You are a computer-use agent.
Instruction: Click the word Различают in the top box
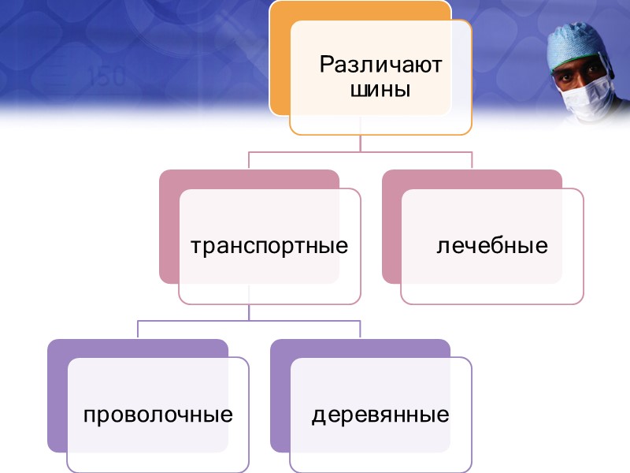tap(381, 64)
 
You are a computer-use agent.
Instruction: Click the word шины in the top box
tap(381, 88)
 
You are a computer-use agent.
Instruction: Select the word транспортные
tap(270, 246)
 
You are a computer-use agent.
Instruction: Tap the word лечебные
tap(493, 246)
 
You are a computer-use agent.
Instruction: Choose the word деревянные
tap(381, 415)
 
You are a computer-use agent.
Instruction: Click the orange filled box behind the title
tap(280, 63)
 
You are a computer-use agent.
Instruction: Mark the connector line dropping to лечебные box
tap(472, 160)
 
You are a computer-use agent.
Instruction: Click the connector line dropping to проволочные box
tap(138, 329)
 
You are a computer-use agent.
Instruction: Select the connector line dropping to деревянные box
tap(360, 329)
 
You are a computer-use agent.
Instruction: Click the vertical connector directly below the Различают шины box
tap(361, 143)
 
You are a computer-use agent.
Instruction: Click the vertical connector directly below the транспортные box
tap(249, 312)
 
